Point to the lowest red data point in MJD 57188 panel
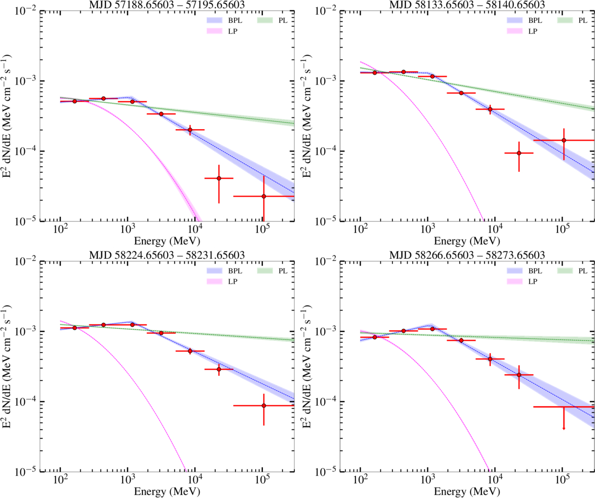[264, 197]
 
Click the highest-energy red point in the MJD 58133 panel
[564, 140]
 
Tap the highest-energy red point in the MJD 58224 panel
[264, 405]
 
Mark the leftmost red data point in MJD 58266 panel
[375, 337]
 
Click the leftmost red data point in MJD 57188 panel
[75, 101]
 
